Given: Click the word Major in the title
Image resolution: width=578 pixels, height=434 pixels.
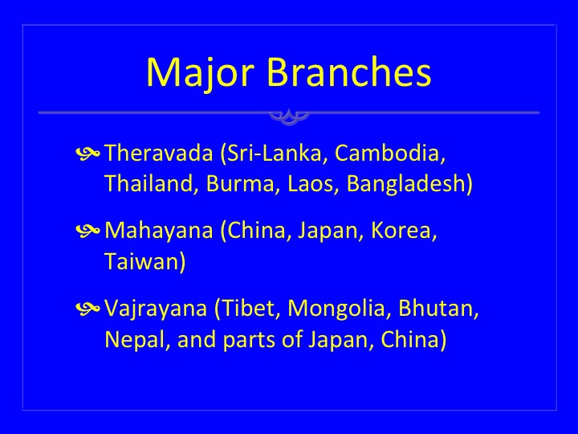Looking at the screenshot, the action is [200, 73].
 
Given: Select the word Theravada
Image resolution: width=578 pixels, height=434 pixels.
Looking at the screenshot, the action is [159, 153].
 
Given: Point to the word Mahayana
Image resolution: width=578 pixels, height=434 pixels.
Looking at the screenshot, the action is [159, 231].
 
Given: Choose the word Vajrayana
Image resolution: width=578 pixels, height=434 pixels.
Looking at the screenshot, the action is [156, 309].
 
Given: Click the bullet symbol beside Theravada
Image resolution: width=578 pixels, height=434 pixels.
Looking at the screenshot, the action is [88, 153].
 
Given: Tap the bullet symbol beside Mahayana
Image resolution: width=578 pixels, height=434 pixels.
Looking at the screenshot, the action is [88, 231].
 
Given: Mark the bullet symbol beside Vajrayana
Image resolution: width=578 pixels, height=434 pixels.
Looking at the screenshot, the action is [88, 308].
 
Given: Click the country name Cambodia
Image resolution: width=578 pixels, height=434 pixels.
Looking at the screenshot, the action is [387, 153].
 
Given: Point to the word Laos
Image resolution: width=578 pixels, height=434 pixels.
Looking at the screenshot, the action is [311, 184].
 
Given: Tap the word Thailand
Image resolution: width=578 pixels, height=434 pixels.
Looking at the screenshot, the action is [149, 183].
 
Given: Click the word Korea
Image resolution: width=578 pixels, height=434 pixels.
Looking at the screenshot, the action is [401, 231].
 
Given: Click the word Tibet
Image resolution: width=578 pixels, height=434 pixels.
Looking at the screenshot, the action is [249, 308].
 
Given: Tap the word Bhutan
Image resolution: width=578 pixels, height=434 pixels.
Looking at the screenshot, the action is [435, 308].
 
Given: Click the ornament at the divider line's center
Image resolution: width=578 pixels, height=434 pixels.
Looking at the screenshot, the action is [289, 117].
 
